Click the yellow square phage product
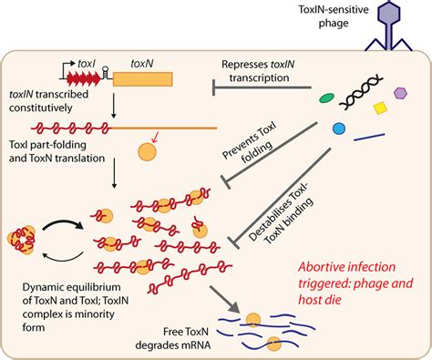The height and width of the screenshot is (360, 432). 381,110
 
